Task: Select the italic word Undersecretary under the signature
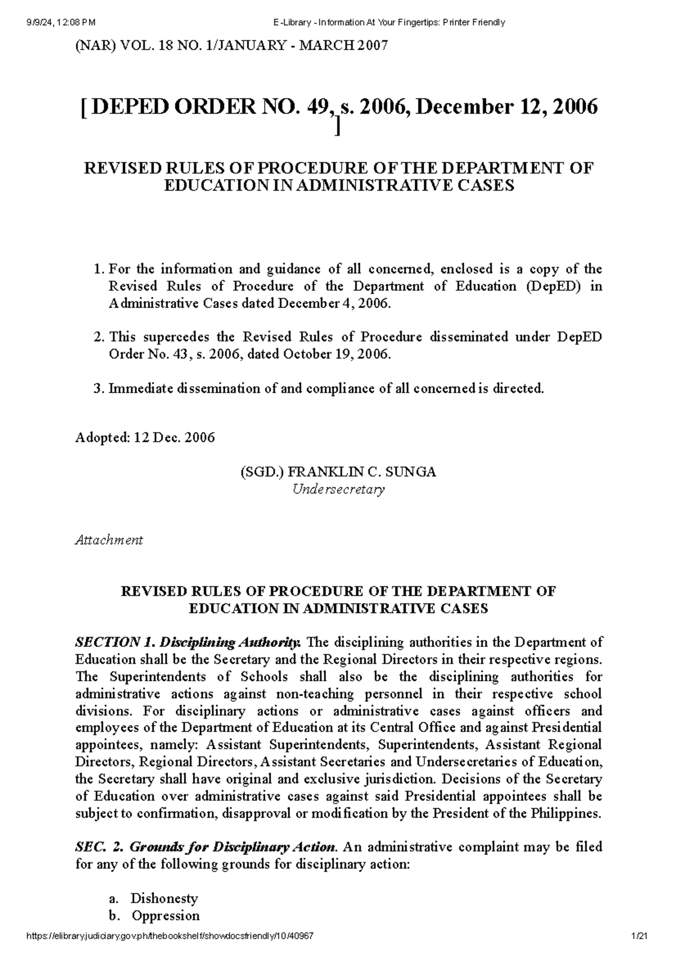(x=338, y=489)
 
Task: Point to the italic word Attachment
(x=109, y=540)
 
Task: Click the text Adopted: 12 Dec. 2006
(x=145, y=438)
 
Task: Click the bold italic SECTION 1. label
(x=115, y=642)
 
